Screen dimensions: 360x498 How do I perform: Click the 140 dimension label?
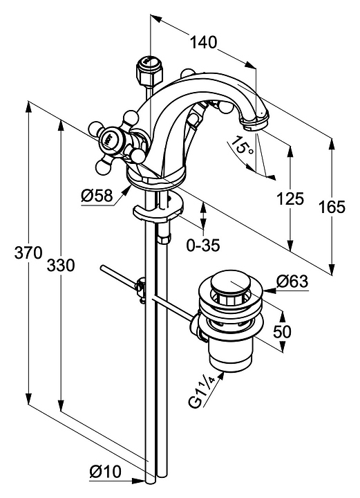[x=203, y=42]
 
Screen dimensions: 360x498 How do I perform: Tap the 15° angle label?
[x=242, y=146]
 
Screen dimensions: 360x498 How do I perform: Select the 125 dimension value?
[x=290, y=199]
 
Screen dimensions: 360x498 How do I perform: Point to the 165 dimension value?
[x=332, y=207]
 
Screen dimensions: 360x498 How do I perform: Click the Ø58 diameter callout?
[x=97, y=196]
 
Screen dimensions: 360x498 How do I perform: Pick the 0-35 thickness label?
[x=203, y=245]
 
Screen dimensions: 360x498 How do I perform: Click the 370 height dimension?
[x=28, y=253]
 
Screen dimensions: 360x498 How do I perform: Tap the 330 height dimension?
[x=61, y=265]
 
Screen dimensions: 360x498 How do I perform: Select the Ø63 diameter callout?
[x=292, y=281]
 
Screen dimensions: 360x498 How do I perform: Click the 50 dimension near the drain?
[x=282, y=332]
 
